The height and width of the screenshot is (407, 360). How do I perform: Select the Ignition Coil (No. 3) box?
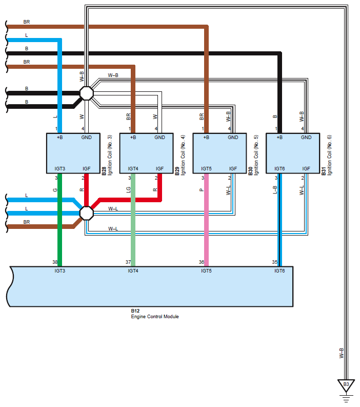point(73,153)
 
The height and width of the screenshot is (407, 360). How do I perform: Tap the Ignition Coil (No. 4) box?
point(146,153)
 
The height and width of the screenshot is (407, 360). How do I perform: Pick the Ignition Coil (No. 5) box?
point(219,153)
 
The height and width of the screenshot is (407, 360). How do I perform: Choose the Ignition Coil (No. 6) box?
point(293,153)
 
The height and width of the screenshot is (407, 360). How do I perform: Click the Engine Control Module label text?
point(155,316)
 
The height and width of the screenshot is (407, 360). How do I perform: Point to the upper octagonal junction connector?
point(86,93)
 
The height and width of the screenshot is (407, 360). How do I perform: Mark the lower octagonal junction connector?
point(86,213)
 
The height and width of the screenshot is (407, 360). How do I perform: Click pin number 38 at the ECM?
point(55,262)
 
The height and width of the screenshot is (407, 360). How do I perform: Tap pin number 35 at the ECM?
point(275,262)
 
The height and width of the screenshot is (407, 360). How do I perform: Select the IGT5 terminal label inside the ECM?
point(206,270)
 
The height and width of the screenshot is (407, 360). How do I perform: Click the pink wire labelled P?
point(207,220)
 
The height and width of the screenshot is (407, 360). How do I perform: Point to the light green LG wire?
point(133,220)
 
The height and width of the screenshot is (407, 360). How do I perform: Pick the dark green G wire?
point(59,220)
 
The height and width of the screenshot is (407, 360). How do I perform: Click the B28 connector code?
point(104,171)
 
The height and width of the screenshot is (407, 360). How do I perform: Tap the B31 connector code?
point(324,171)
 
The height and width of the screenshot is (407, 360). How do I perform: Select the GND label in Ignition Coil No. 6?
point(306,138)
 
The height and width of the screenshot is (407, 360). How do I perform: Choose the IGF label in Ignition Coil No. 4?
point(159,169)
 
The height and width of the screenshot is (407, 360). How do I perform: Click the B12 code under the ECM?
point(135,311)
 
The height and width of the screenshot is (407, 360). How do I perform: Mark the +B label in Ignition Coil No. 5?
point(206,138)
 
